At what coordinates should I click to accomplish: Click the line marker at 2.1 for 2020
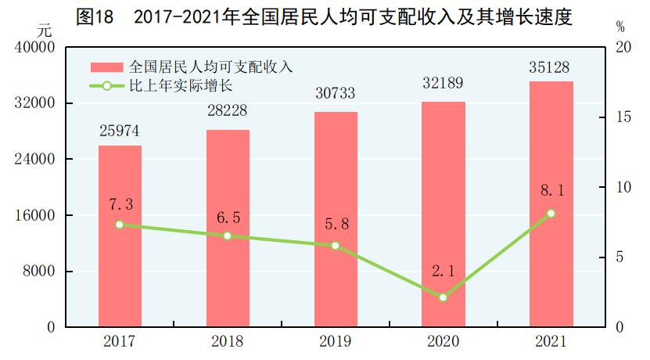point(444,297)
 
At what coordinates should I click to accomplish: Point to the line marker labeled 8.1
point(551,213)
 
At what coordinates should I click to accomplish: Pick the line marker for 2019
point(336,246)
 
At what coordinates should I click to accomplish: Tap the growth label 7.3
point(120,204)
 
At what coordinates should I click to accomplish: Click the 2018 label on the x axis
point(228,342)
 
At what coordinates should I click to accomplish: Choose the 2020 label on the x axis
point(444,342)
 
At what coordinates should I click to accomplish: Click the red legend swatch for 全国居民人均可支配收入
point(106,67)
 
